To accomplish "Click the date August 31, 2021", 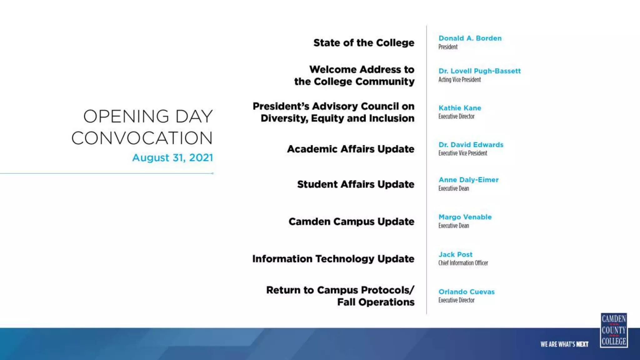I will (x=172, y=157).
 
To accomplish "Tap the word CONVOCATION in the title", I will (x=142, y=138).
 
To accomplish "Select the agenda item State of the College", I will (x=364, y=43).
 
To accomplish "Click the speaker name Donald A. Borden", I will (x=470, y=38).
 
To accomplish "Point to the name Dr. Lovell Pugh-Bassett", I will (x=479, y=71).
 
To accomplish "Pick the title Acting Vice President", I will (x=459, y=80).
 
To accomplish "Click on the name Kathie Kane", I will (x=460, y=108).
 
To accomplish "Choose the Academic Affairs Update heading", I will (x=351, y=149).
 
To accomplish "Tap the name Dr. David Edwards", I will (x=471, y=145).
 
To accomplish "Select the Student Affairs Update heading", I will (x=356, y=184).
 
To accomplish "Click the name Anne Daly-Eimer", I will (x=468, y=180).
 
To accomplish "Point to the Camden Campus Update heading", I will (x=351, y=222).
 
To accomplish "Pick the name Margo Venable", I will (x=465, y=217).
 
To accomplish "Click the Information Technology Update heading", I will (x=333, y=259).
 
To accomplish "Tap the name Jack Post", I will (x=455, y=254).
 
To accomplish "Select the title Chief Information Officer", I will (x=463, y=263).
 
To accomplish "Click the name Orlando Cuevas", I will (x=467, y=292).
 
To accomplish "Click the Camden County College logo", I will (x=614, y=330).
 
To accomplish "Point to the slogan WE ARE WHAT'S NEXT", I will (x=564, y=344).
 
